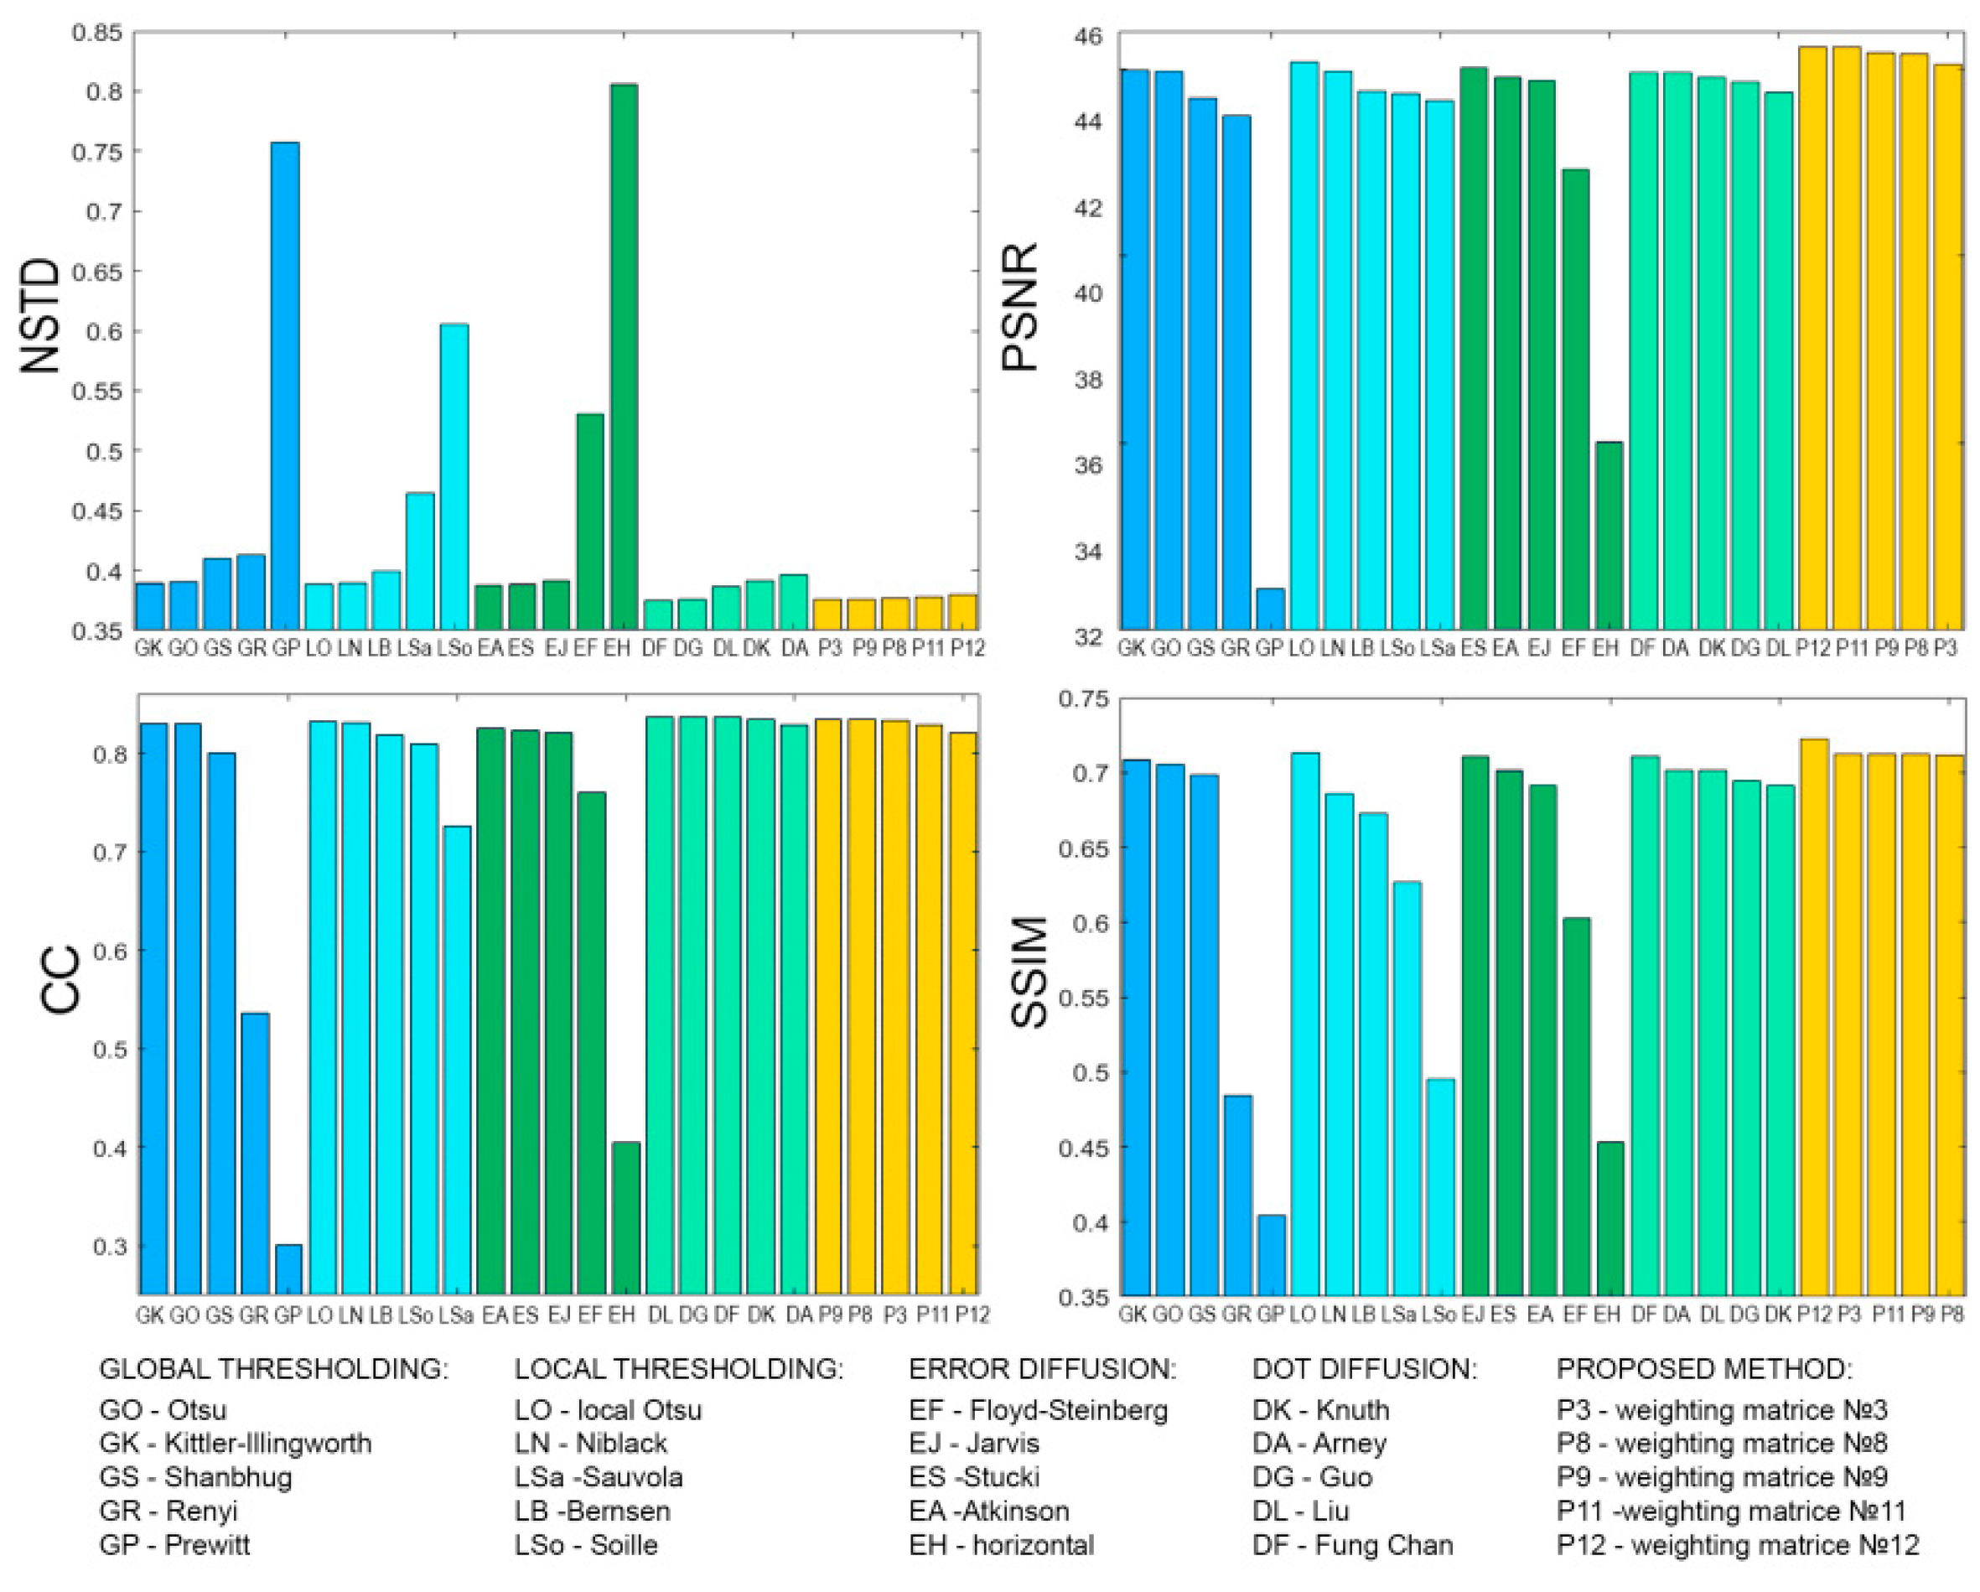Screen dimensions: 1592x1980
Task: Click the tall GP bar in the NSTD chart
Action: coord(286,386)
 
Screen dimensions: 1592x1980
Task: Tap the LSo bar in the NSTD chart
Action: coord(454,477)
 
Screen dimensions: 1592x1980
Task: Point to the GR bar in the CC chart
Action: coord(254,1153)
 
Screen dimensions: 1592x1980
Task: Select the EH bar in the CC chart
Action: coord(625,1217)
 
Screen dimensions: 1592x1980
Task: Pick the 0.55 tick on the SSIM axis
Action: coord(1084,998)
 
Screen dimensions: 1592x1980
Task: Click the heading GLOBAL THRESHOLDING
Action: coord(273,1370)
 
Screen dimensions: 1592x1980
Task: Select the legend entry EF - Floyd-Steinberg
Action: coord(1038,1410)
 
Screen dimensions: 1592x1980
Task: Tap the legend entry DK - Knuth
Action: coord(1320,1410)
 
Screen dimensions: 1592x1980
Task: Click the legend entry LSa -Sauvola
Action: coord(599,1477)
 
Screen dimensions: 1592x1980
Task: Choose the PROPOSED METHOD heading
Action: coord(1703,1370)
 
